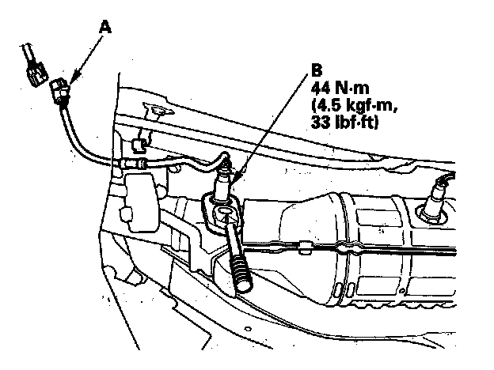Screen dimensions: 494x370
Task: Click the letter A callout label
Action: (x=104, y=26)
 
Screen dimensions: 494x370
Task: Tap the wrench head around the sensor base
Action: (x=221, y=212)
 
